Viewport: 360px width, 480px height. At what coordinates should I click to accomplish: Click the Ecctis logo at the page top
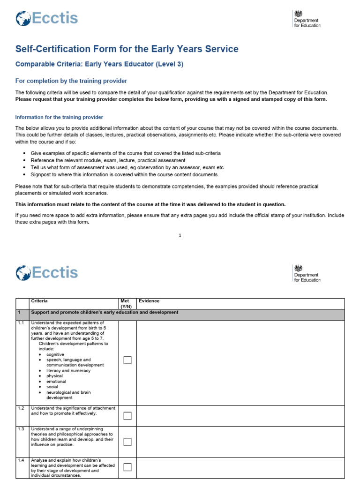pyautogui.click(x=46, y=19)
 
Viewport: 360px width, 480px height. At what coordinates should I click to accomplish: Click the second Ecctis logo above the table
pyautogui.click(x=46, y=273)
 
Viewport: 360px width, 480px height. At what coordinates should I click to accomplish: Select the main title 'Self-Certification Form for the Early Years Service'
pyautogui.click(x=127, y=49)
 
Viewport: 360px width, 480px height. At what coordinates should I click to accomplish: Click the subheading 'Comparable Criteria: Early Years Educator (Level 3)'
pyautogui.click(x=99, y=65)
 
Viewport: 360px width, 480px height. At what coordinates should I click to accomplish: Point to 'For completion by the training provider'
pyautogui.click(x=71, y=81)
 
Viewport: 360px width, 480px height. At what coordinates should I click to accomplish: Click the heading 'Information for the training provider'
pyautogui.click(x=59, y=117)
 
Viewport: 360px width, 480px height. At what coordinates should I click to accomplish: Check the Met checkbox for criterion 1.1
pyautogui.click(x=127, y=360)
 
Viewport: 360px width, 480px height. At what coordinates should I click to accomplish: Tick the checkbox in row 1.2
pyautogui.click(x=127, y=416)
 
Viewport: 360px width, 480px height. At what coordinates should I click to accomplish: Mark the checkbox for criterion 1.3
pyautogui.click(x=127, y=442)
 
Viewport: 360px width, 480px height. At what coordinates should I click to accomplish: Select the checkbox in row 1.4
pyautogui.click(x=127, y=467)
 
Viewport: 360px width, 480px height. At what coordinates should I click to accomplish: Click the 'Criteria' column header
pyautogui.click(x=39, y=301)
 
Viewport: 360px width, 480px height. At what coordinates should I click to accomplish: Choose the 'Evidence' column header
pyautogui.click(x=149, y=301)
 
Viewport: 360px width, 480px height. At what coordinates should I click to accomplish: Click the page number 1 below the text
pyautogui.click(x=180, y=235)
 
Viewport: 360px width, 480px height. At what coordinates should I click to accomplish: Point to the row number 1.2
pyautogui.click(x=21, y=408)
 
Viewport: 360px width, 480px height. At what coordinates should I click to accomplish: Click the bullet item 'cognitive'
pyautogui.click(x=55, y=354)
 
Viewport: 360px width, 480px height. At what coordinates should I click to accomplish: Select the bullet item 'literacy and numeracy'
pyautogui.click(x=68, y=370)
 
